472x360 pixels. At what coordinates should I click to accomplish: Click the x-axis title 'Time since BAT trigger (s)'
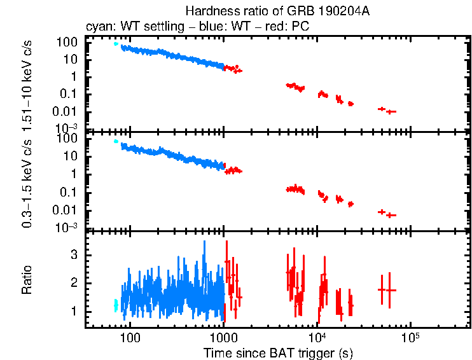tap(278, 352)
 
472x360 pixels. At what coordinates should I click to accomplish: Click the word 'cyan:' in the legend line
tap(99, 27)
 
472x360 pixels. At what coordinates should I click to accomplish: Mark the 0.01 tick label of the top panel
tap(67, 111)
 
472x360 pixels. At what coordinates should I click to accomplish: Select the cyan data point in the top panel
tap(116, 43)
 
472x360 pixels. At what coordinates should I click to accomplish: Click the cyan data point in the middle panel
tap(116, 141)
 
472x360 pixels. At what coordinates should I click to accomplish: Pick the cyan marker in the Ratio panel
tap(116, 305)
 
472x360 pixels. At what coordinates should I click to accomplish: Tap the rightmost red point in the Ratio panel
tap(389, 290)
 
